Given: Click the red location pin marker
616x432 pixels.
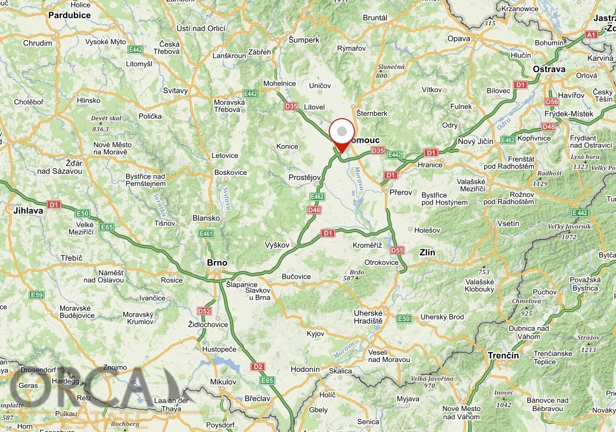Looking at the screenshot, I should [x=342, y=134].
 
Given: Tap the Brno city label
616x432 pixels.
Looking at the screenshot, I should [x=217, y=263].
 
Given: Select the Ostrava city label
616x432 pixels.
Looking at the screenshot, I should [x=549, y=69].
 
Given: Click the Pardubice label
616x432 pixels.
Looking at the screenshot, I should [x=69, y=15].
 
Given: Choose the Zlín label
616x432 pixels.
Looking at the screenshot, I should [x=427, y=252].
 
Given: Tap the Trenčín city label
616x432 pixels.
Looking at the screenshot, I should [x=503, y=355].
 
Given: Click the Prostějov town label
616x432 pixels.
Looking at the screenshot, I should [x=305, y=178].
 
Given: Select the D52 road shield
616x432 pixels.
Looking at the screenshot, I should [x=204, y=311].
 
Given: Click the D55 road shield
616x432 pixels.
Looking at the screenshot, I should [x=397, y=250].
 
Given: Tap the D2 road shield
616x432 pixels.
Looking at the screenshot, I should [x=258, y=366].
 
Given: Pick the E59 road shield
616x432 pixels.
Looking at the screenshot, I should [x=36, y=295].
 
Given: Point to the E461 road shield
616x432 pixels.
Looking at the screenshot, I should [x=206, y=234].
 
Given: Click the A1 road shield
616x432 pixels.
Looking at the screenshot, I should [x=591, y=34].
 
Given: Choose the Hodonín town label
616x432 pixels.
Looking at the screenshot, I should [x=305, y=369].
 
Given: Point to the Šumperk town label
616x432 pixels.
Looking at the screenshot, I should [x=304, y=40].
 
